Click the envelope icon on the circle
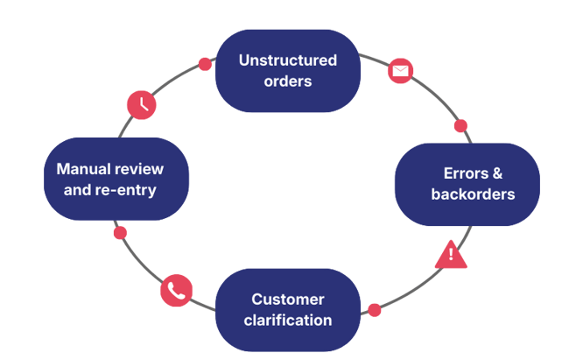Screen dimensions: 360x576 pos(400,71)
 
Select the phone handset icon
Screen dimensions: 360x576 pos(176,291)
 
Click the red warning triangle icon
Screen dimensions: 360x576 pos(451,254)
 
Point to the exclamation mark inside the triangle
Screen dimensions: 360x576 pos(451,255)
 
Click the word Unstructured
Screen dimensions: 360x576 pos(287,60)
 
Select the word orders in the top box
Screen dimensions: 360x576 pos(288,81)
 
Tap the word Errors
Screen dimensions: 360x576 pos(462,173)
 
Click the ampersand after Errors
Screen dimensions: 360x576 pos(497,173)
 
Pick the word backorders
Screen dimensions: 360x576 pos(473,194)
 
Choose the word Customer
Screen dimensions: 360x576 pos(287,299)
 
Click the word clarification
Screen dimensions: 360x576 pos(287,320)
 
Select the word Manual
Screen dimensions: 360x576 pos(82,168)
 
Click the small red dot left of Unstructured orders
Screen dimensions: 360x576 pos(205,64)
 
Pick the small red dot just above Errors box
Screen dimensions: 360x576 pos(460,125)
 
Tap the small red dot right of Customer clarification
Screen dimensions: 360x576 pos(375,309)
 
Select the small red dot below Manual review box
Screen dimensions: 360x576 pos(120,233)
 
